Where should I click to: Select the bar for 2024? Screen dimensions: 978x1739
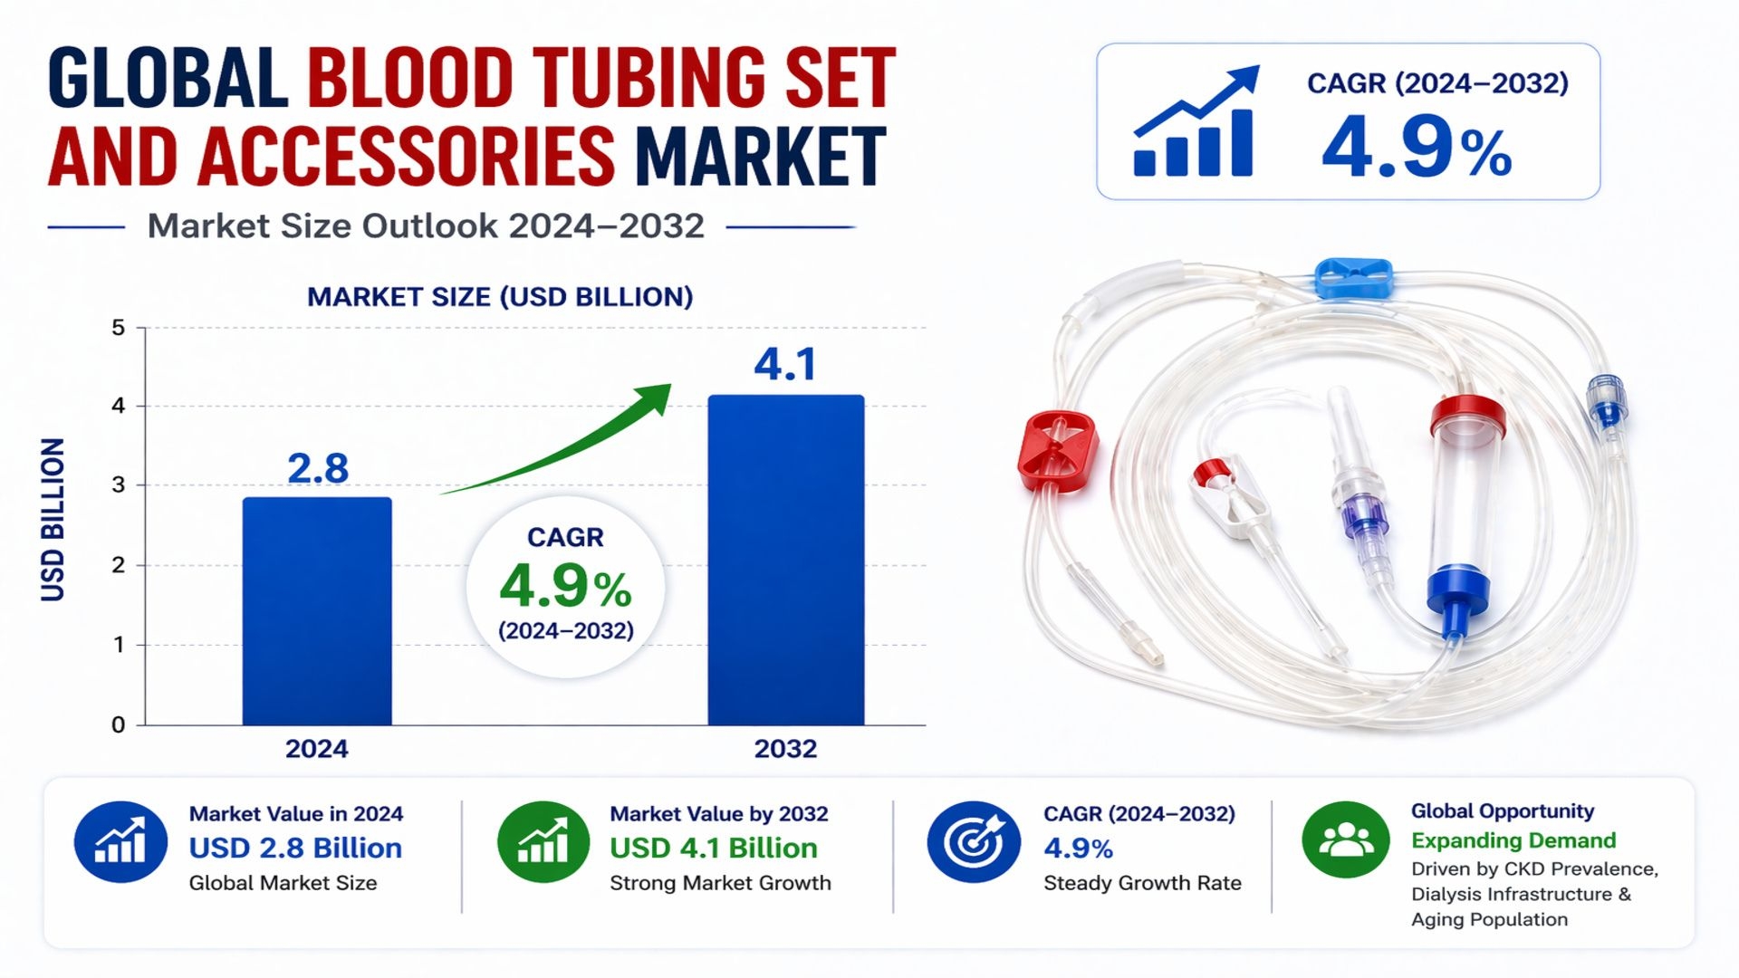[x=317, y=611]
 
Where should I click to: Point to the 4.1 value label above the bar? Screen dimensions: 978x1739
[x=785, y=364]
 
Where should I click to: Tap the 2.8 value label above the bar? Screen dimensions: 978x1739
[x=317, y=468]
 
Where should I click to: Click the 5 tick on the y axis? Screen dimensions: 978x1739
[x=119, y=328]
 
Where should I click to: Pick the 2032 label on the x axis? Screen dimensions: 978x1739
[x=785, y=749]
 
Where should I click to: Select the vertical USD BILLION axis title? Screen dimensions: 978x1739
[x=53, y=520]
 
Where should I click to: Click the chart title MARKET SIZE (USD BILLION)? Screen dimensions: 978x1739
[x=500, y=297]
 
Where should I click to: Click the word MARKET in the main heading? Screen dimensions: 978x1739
[x=760, y=156]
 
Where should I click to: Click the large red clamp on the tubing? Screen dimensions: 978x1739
[x=1057, y=450]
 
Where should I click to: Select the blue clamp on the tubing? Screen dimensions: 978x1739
[x=1353, y=278]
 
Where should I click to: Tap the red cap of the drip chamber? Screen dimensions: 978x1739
[x=1467, y=415]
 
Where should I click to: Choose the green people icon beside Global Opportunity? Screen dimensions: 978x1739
[x=1345, y=839]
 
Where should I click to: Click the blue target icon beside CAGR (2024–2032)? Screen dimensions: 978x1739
[x=973, y=841]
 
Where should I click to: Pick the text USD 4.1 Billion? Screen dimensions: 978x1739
[x=714, y=849]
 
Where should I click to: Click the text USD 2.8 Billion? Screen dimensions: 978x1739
[x=295, y=849]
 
